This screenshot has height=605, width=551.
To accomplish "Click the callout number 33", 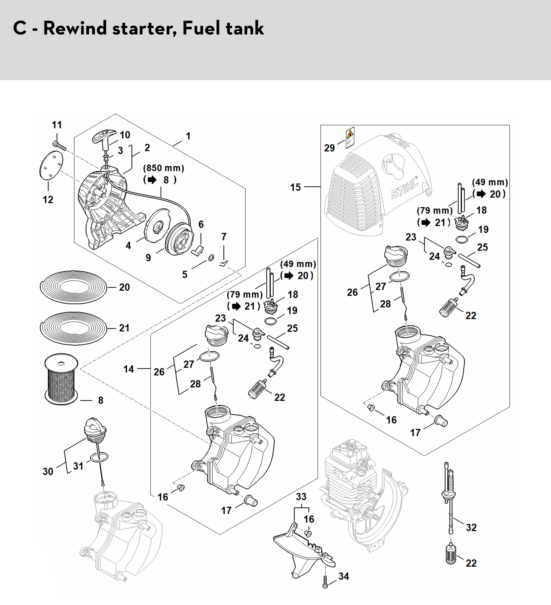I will pos(301,497).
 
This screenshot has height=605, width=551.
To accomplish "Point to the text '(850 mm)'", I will pos(164,168).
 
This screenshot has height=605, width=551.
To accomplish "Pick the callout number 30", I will pos(48,471).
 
